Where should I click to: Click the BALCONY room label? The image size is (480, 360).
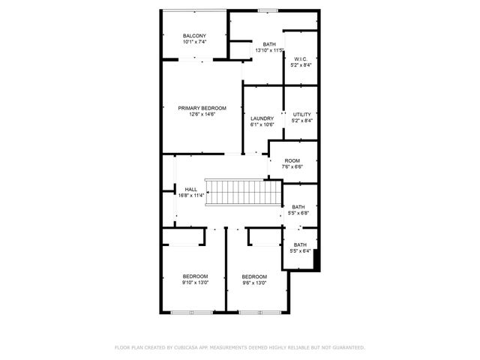click(x=194, y=36)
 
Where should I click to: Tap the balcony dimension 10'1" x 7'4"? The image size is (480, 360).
click(x=194, y=42)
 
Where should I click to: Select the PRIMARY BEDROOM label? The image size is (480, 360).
click(x=202, y=108)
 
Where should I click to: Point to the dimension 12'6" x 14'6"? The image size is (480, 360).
click(x=202, y=114)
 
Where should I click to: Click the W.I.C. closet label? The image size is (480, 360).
click(x=301, y=58)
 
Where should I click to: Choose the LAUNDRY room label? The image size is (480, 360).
click(x=261, y=118)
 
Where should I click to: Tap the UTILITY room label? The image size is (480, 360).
click(x=301, y=114)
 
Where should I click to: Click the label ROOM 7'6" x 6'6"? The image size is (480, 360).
click(x=292, y=160)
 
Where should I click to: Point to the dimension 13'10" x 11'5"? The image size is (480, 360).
click(x=268, y=50)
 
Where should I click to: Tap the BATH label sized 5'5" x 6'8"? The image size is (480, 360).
click(x=298, y=207)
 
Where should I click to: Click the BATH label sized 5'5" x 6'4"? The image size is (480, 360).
click(x=300, y=245)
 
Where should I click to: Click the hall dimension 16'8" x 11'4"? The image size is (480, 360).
click(x=191, y=195)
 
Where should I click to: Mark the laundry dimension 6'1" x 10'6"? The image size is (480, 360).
click(x=261, y=124)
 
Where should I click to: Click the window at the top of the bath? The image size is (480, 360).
click(x=264, y=10)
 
